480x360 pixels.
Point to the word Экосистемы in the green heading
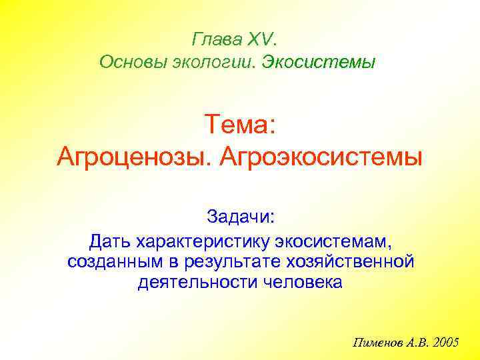click(319, 63)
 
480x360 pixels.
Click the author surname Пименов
click(376, 343)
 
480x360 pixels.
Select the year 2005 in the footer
click(446, 343)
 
